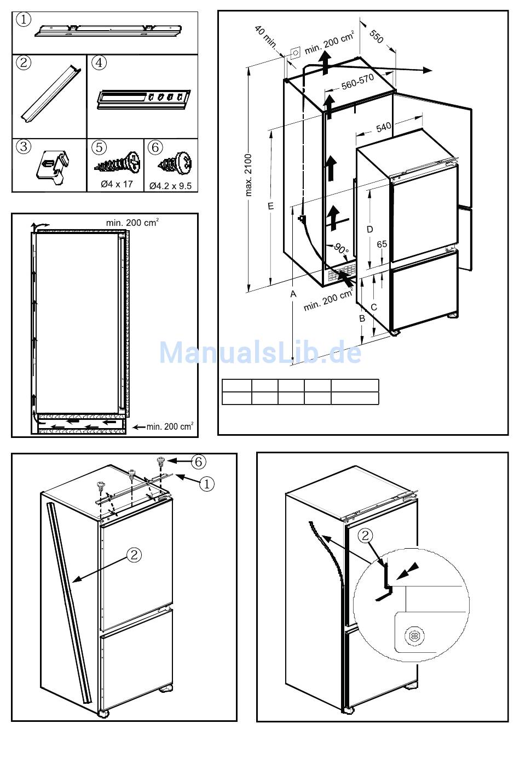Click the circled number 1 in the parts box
(x=24, y=20)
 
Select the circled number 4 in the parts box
(x=99, y=62)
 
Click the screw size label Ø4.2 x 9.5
(x=170, y=186)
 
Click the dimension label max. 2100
(x=249, y=174)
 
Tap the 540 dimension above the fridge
(x=384, y=127)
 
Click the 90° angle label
(x=341, y=250)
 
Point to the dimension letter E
(x=270, y=206)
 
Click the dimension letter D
(x=370, y=229)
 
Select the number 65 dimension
(x=382, y=244)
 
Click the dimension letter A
(x=293, y=294)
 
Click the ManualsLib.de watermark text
(x=260, y=352)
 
